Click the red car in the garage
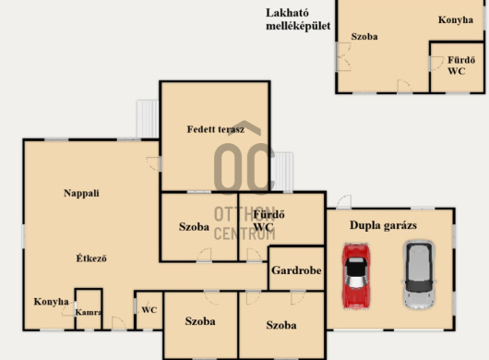(356, 276)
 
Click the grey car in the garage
(419, 274)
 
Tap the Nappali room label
(81, 194)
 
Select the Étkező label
(91, 258)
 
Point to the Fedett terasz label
(216, 129)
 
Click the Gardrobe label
(296, 270)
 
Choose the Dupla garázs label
(383, 225)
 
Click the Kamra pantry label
(89, 312)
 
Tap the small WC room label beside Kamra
(149, 310)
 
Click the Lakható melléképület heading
(298, 19)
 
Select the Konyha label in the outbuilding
(456, 20)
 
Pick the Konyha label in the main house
(51, 302)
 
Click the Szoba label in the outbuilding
(364, 37)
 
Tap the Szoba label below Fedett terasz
(194, 227)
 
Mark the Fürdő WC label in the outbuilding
(461, 66)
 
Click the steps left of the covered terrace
(148, 118)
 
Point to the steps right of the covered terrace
(282, 172)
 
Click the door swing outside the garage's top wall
(344, 202)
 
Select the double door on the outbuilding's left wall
(343, 57)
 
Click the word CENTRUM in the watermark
(244, 234)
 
